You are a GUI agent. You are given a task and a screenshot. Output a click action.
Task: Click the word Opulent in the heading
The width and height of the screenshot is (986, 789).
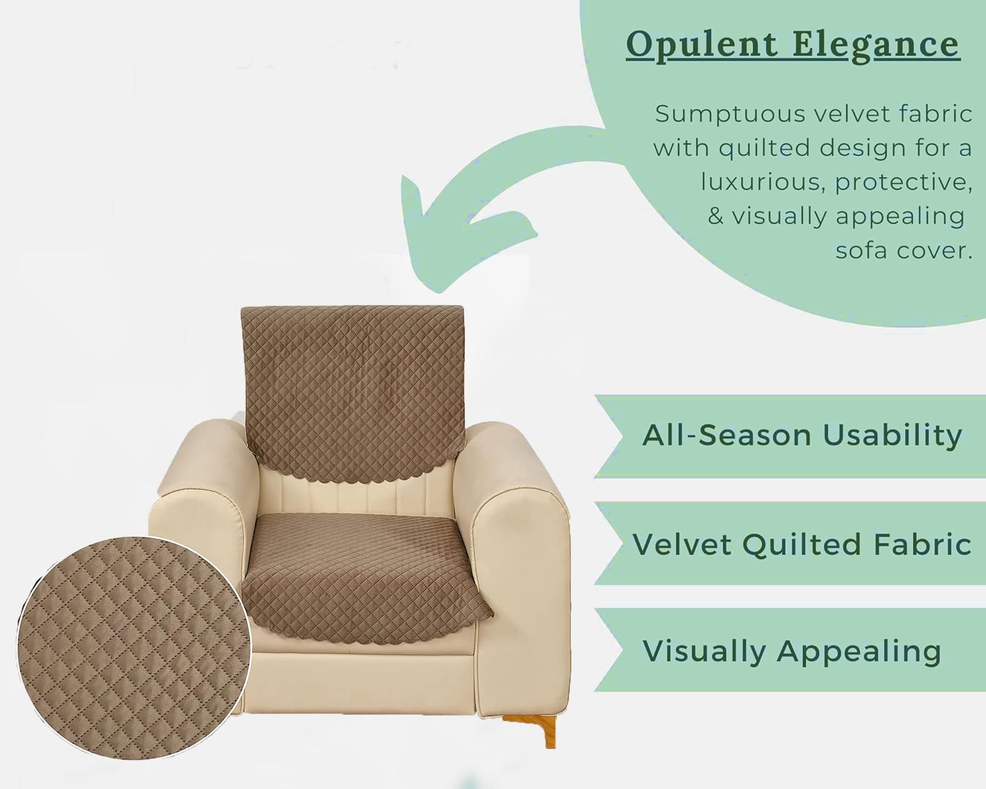(x=702, y=45)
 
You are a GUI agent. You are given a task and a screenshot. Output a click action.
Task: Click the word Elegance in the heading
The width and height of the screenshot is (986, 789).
(x=876, y=45)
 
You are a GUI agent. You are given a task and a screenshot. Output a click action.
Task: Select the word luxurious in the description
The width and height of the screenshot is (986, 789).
(x=761, y=182)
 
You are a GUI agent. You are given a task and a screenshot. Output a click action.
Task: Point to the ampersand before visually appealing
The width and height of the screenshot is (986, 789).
(x=716, y=216)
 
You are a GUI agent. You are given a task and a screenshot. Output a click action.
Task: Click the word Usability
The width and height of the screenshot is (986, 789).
(x=892, y=436)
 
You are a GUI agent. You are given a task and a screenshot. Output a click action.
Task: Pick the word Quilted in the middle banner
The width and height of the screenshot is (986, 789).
(x=801, y=544)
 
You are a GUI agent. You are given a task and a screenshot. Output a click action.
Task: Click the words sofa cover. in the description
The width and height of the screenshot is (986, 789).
(x=903, y=251)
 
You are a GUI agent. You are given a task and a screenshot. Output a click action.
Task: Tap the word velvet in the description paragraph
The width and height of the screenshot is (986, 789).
(x=849, y=114)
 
